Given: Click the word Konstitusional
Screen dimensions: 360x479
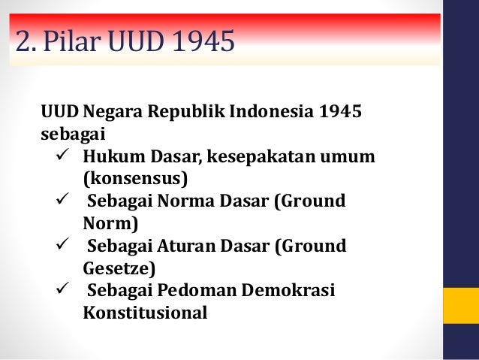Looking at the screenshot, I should [x=144, y=311].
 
